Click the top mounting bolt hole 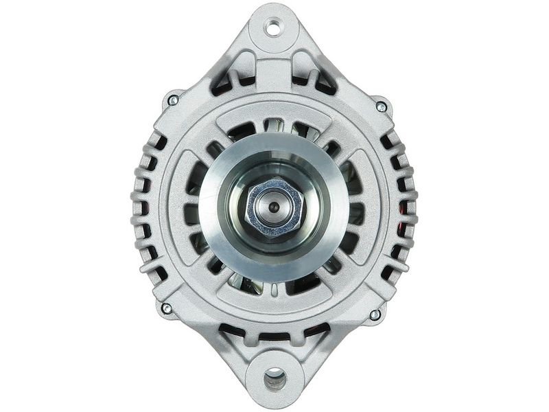coord(274,28)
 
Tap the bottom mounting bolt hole coord(274,376)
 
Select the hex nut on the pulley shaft coord(274,206)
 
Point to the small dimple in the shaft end coord(274,206)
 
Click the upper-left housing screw coord(173,100)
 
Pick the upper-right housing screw coord(381,106)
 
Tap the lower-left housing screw coord(166,308)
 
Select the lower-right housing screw coord(375,314)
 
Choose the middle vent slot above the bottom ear coord(274,336)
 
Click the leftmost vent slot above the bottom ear coord(233,330)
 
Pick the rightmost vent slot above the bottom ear coord(316,330)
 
